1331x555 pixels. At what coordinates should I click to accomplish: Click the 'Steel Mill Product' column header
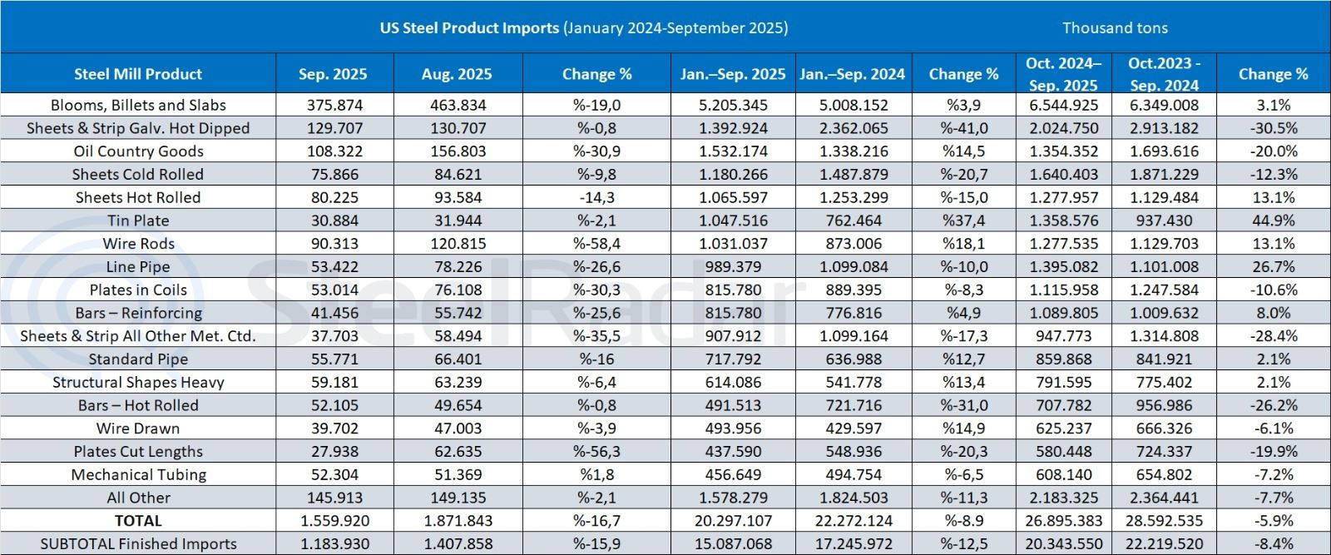[138, 74]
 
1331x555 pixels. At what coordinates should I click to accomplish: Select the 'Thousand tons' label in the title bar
[1115, 27]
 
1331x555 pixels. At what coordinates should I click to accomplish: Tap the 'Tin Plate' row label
[138, 221]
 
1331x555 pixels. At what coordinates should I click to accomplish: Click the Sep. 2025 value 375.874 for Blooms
[332, 105]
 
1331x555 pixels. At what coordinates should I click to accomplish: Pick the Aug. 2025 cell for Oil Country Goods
[456, 151]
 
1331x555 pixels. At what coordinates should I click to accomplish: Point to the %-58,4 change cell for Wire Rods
[596, 244]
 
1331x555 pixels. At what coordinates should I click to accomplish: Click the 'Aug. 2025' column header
[456, 74]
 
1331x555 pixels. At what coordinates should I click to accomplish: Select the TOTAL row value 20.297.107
[733, 521]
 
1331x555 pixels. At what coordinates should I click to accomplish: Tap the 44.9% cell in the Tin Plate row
[1273, 221]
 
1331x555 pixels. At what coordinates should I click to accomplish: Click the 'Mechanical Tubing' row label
[138, 474]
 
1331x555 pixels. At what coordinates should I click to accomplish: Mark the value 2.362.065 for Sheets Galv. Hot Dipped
[853, 128]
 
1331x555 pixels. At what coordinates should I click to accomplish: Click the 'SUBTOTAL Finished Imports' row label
[138, 544]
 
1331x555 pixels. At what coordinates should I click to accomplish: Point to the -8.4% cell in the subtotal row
[1273, 544]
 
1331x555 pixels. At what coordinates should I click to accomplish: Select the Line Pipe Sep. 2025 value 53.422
[332, 267]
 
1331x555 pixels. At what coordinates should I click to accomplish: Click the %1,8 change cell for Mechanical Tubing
[596, 474]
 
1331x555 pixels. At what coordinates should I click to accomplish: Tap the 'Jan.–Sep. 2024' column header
[853, 74]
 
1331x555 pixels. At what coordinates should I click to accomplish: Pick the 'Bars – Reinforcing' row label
[138, 313]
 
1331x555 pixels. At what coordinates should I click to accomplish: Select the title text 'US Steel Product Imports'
[469, 27]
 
